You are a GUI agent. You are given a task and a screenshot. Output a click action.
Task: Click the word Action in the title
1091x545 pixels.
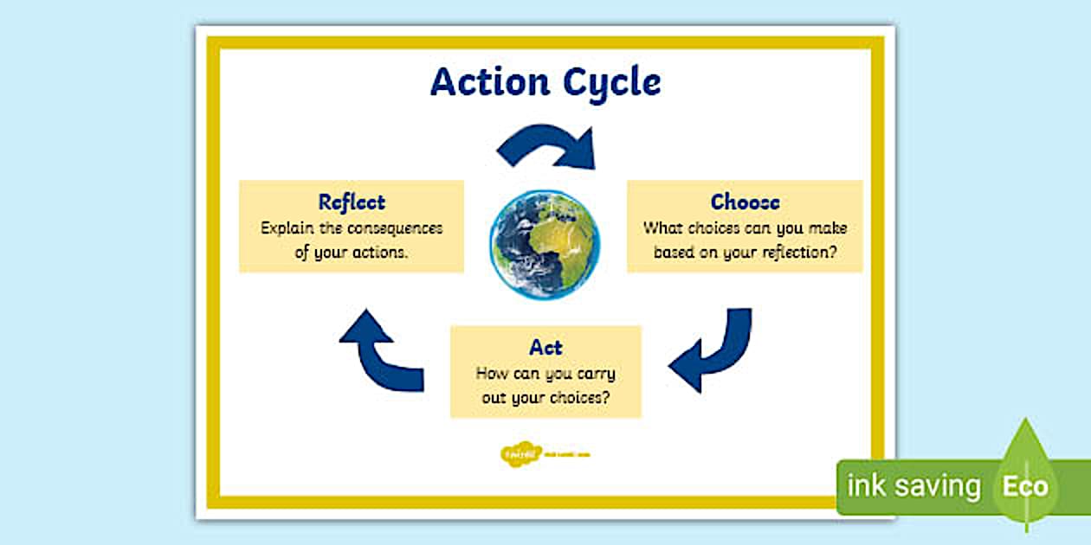(x=490, y=82)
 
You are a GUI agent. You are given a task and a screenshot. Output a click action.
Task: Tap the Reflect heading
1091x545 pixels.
(x=351, y=202)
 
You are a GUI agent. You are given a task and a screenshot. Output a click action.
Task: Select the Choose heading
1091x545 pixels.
(x=745, y=202)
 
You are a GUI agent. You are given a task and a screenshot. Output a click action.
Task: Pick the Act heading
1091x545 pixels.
(x=545, y=348)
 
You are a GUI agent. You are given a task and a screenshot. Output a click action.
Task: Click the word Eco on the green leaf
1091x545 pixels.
(x=1025, y=486)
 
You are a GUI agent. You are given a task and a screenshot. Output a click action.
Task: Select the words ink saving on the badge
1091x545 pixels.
(x=913, y=486)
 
